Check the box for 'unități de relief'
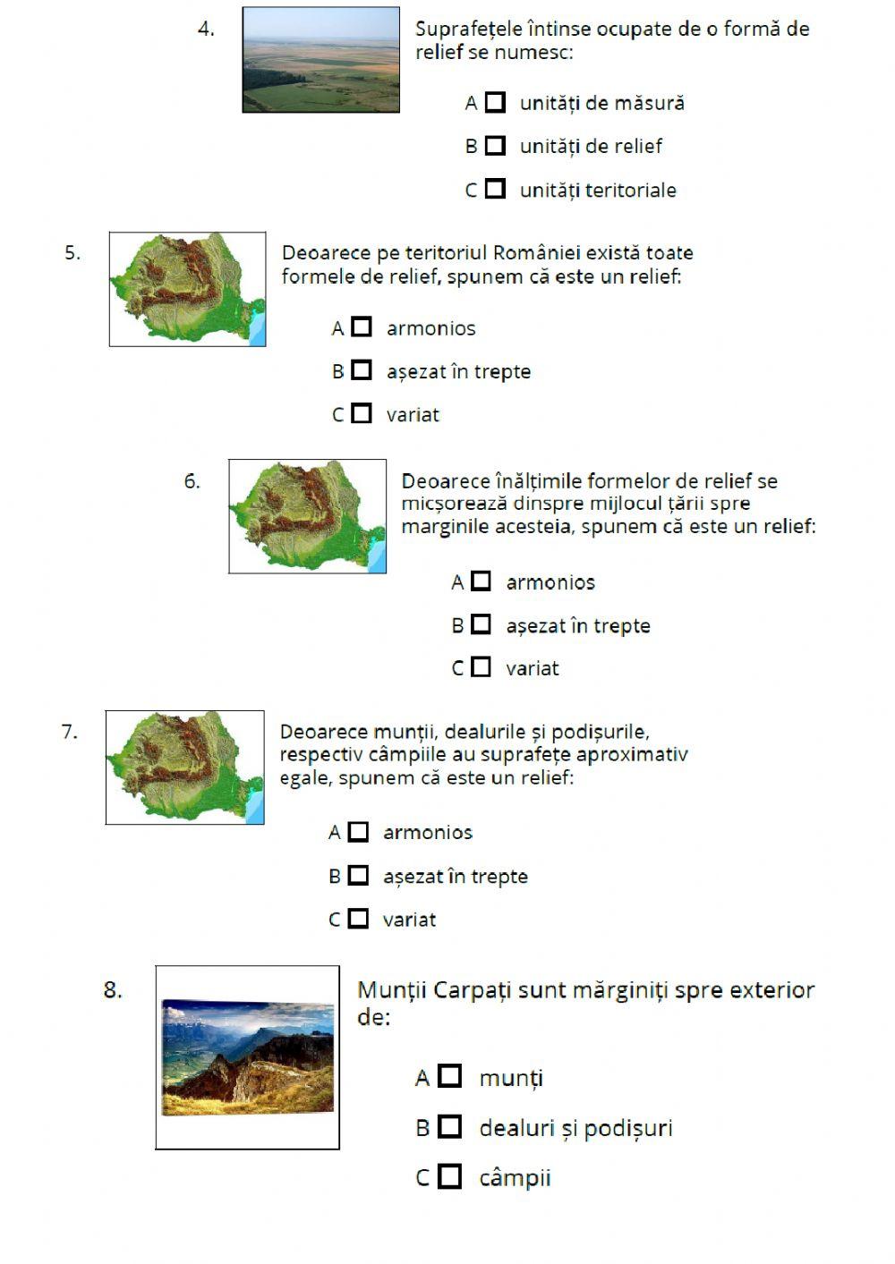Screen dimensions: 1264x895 click(x=495, y=146)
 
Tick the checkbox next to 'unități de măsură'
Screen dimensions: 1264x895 click(x=495, y=102)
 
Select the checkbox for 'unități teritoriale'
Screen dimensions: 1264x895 click(x=495, y=189)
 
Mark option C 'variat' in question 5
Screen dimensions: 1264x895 click(x=362, y=413)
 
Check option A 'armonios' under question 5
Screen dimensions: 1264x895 click(x=362, y=327)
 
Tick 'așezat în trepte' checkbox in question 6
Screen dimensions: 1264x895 click(x=482, y=624)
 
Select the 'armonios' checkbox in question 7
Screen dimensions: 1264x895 click(x=358, y=832)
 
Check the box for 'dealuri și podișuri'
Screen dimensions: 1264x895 click(x=450, y=1127)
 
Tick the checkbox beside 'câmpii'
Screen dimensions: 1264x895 click(x=450, y=1176)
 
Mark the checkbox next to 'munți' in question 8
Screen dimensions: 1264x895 click(x=450, y=1077)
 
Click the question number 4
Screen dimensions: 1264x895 click(x=206, y=29)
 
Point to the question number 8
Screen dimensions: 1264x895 click(x=113, y=989)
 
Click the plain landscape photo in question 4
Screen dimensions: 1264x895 click(x=320, y=60)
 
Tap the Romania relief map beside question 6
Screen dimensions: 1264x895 click(x=307, y=516)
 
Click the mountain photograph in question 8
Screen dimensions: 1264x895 click(x=247, y=1057)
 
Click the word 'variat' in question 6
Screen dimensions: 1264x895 click(x=532, y=668)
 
